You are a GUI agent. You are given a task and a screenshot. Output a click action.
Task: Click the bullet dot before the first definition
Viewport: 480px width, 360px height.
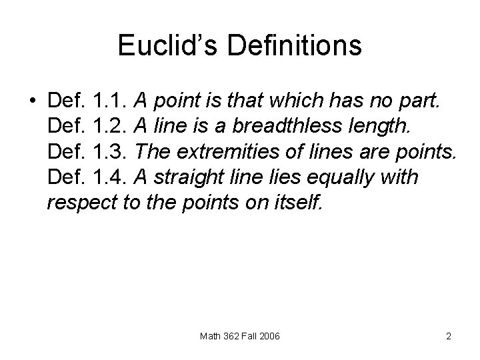[x=33, y=101]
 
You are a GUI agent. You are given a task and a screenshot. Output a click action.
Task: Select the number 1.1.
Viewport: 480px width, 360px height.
[x=112, y=101]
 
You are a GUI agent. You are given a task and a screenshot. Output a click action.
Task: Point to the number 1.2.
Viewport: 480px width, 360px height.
[x=112, y=127]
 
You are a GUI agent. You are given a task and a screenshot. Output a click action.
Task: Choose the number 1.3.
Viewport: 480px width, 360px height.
[x=112, y=151]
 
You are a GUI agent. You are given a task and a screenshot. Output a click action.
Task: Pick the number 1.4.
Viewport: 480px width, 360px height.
[x=112, y=177]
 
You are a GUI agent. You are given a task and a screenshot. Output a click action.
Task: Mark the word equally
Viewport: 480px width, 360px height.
[x=315, y=177]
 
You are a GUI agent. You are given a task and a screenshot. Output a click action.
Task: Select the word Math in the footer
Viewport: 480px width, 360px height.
[x=211, y=337]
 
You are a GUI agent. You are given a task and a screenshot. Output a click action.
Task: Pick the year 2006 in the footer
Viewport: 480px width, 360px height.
[x=269, y=337]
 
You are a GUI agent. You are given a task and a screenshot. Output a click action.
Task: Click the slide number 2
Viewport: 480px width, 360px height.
[x=449, y=337]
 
